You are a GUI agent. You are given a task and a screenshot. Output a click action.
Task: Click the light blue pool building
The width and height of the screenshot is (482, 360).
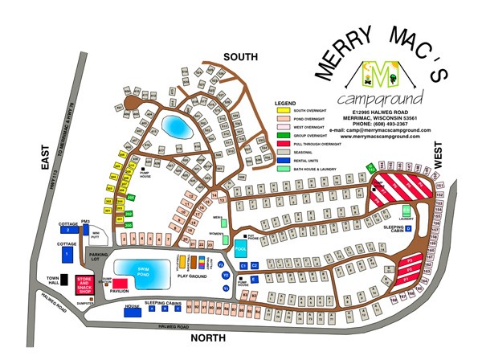(240, 239)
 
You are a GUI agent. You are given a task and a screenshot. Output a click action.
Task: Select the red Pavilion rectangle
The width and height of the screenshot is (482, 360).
(120, 284)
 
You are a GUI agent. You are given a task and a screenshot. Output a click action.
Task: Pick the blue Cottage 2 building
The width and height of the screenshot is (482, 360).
(69, 230)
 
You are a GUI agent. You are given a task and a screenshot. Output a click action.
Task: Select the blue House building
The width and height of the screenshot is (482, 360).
(133, 307)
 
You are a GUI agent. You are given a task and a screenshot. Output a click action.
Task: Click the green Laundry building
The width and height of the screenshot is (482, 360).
(406, 211)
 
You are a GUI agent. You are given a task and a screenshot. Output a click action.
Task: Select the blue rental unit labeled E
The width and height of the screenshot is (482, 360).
(253, 280)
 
